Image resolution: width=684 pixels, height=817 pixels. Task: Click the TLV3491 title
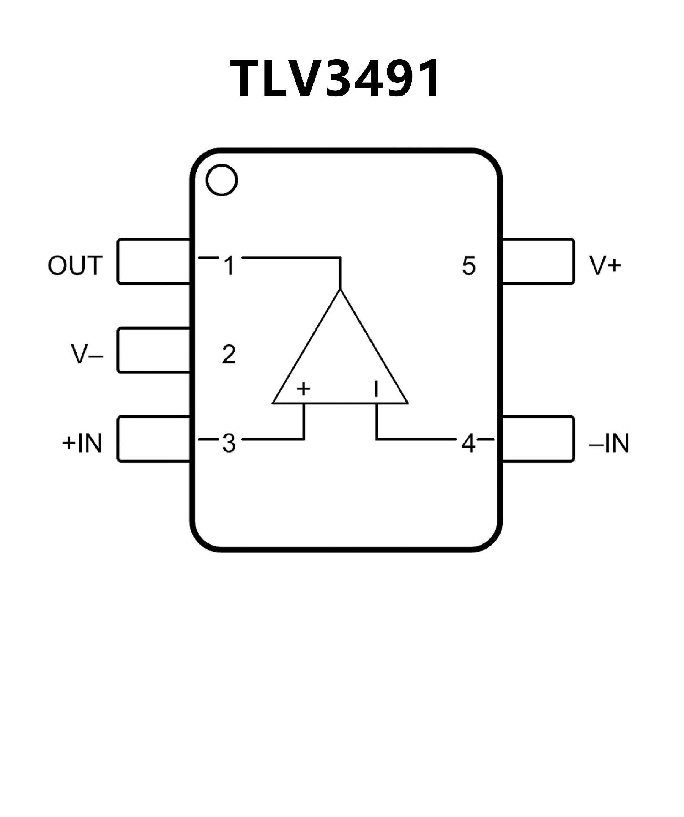[x=335, y=78]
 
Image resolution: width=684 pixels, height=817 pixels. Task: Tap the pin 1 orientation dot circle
[x=222, y=180]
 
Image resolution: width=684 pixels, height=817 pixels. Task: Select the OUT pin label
[x=76, y=265]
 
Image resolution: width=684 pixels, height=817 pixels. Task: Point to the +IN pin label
[x=82, y=443]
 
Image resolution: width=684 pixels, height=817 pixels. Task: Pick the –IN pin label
[x=609, y=443]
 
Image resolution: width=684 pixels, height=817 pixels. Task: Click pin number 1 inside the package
[x=230, y=265]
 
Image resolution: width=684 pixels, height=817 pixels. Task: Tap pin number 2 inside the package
[x=229, y=354]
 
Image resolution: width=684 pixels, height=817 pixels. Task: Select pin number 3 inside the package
[x=229, y=443]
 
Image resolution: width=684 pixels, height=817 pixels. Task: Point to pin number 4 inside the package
[x=468, y=443]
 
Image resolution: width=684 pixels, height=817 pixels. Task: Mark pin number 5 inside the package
[x=469, y=266]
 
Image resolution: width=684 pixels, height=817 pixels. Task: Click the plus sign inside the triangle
[x=304, y=389]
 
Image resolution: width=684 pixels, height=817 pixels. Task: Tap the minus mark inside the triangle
[x=376, y=389]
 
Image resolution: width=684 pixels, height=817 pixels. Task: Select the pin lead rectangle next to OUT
[x=154, y=261]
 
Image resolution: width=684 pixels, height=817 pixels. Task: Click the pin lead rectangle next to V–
[x=154, y=351]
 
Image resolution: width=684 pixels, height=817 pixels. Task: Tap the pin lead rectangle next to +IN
[x=154, y=439]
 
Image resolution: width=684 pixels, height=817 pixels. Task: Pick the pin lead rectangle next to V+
[x=538, y=261]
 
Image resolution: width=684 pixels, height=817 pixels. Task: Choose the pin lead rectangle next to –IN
[x=538, y=439]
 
